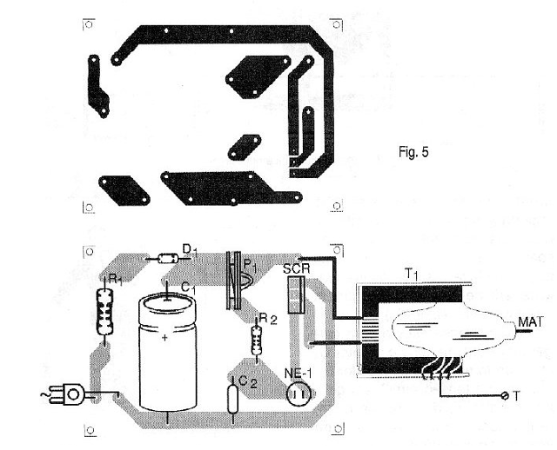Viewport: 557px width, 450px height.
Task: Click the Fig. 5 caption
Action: point(413,152)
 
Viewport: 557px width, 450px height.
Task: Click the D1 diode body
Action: point(168,258)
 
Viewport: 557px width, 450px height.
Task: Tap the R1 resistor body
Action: point(104,312)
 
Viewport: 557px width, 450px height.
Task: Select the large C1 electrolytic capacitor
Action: point(167,352)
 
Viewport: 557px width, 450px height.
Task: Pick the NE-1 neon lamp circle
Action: point(299,394)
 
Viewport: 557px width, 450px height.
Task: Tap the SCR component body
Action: point(296,295)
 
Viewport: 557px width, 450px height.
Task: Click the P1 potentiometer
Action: point(238,280)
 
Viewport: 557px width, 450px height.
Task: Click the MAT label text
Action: point(531,322)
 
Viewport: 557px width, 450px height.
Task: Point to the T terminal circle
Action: point(505,396)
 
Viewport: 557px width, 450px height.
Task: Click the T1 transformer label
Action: point(412,274)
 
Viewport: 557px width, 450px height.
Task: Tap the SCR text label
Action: point(297,268)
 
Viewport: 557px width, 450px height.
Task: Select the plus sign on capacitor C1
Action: point(164,338)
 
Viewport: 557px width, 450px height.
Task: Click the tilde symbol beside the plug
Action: point(45,394)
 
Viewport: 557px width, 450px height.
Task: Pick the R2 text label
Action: point(268,319)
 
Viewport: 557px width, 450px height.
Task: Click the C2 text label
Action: point(248,381)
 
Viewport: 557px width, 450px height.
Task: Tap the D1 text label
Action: point(190,250)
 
